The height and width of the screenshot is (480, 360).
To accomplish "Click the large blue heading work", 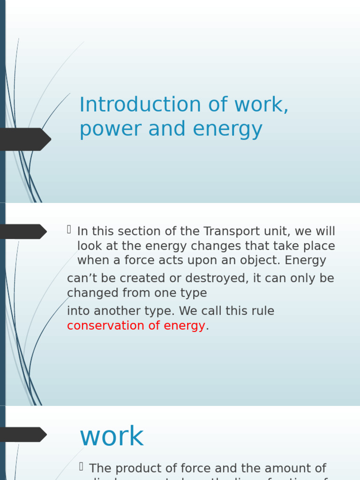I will (x=112, y=437).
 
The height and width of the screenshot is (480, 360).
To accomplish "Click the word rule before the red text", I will (x=262, y=311).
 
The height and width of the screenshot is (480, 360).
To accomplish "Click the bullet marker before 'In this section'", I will (x=69, y=229).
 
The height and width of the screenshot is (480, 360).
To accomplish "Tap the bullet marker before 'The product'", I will (x=81, y=466).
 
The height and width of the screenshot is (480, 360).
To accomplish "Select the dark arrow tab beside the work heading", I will (x=22, y=435).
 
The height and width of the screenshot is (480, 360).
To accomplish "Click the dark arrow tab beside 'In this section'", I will (x=22, y=232).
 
